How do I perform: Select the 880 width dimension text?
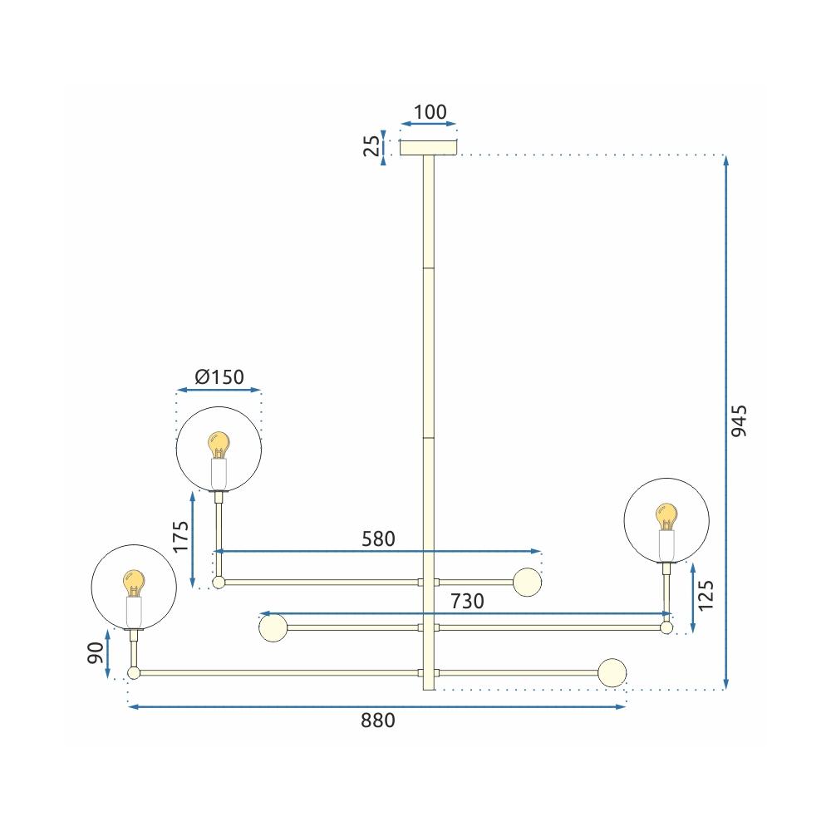coord(378,721)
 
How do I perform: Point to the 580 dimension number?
coord(378,538)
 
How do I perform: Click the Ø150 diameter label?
coord(219,377)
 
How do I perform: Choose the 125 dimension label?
coord(706,597)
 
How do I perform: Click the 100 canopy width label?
coord(430,112)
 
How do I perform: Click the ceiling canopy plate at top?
coord(429,148)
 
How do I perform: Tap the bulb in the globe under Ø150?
coord(219,445)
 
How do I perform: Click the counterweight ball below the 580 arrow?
coord(527,582)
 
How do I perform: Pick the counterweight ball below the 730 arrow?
coord(273,628)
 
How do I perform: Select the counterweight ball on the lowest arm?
coord(612,673)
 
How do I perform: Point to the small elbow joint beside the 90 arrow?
coord(133,672)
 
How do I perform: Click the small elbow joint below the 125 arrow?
coord(666,629)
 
